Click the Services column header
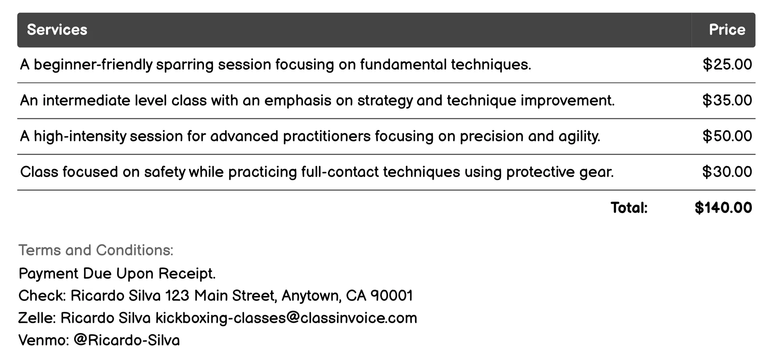click(x=57, y=30)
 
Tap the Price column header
click(x=727, y=30)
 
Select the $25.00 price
click(x=727, y=65)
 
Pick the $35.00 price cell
click(x=727, y=100)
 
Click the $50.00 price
click(x=727, y=136)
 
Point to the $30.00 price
click(x=727, y=172)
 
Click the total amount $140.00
click(x=723, y=208)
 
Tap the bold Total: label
click(x=629, y=208)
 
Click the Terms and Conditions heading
click(x=96, y=250)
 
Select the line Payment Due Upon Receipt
click(x=117, y=274)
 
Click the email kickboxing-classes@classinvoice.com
click(x=286, y=318)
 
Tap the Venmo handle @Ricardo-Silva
click(x=127, y=340)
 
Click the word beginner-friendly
click(x=93, y=65)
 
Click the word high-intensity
click(x=80, y=137)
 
